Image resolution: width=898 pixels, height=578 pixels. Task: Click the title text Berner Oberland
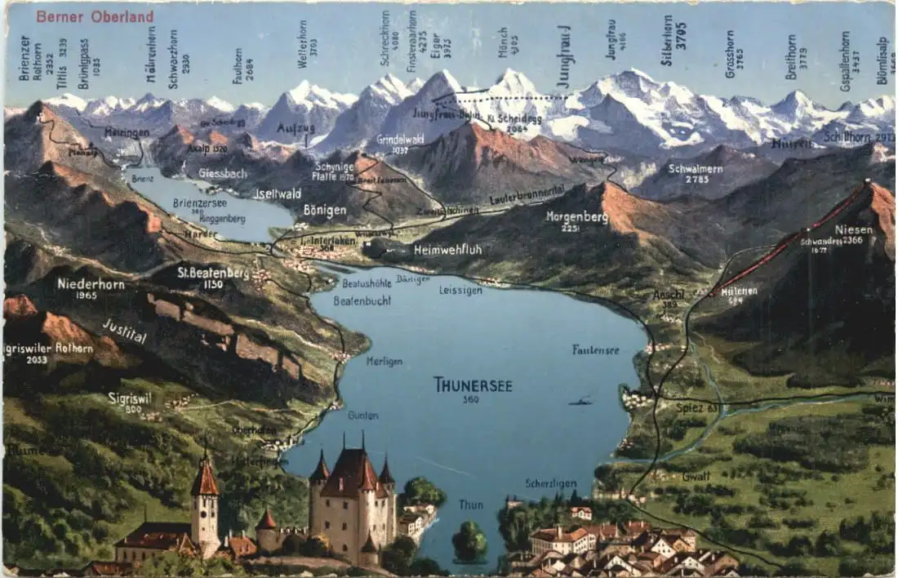pos(95,16)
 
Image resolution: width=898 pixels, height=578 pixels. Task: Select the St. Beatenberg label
pos(213,273)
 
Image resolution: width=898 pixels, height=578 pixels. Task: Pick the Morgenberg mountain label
pos(577,217)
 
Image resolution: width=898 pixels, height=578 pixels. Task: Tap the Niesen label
pos(854,231)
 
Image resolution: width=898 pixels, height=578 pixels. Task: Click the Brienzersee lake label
pos(200,202)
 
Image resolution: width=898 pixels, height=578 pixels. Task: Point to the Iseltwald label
pos(278,193)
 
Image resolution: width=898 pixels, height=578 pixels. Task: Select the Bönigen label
pos(325,210)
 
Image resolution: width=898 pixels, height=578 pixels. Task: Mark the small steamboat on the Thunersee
pos(581,401)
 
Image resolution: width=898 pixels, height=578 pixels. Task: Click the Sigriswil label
pos(130,398)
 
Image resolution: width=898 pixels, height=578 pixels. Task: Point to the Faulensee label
pos(595,349)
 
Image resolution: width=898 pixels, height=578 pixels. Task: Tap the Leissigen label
pos(460,290)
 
